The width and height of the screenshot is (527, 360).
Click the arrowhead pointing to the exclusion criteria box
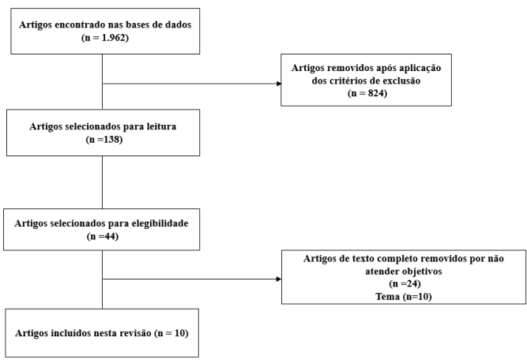(279, 84)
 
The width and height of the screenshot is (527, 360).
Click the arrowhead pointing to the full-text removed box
(279, 279)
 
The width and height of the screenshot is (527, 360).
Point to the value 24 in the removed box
(412, 283)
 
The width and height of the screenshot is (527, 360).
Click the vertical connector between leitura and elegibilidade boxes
(102, 182)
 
